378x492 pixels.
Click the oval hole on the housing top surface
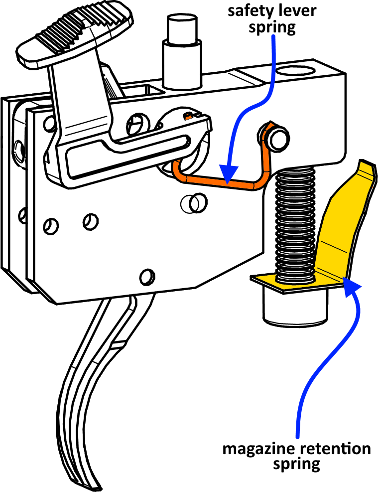(x=295, y=71)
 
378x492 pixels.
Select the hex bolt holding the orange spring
(x=277, y=137)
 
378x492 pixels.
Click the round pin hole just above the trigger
(x=147, y=277)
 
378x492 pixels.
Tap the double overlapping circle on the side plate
(x=194, y=203)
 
